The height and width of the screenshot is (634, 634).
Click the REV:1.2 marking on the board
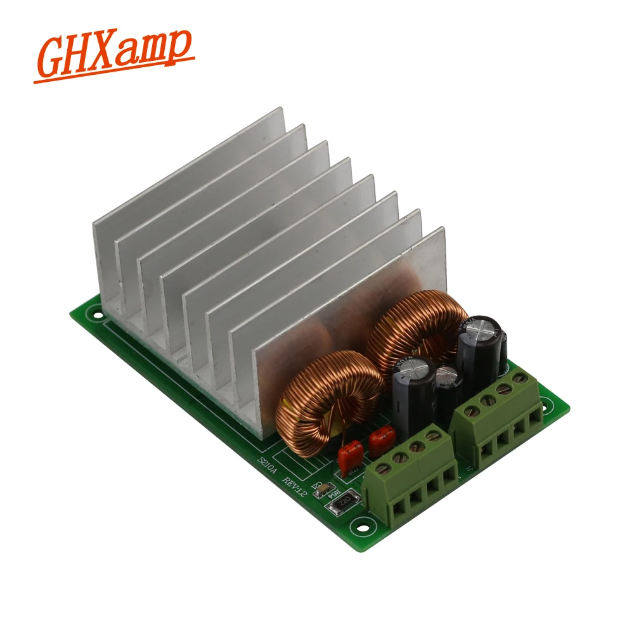[297, 485]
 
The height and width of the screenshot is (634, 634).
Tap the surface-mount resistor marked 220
[343, 504]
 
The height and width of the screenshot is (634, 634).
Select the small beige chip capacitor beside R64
[321, 489]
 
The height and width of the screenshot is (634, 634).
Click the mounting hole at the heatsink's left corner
[97, 312]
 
